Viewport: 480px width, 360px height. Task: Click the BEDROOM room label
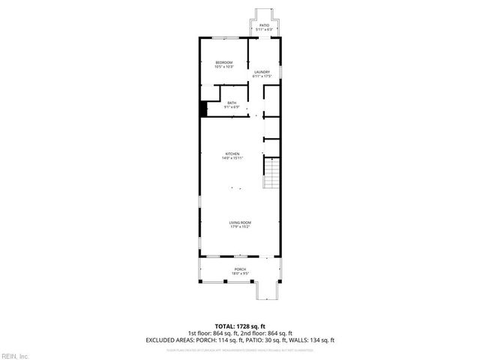(x=223, y=62)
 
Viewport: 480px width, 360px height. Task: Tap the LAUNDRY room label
(x=261, y=72)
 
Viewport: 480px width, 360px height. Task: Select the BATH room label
(x=232, y=103)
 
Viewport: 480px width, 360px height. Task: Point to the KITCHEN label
(x=232, y=154)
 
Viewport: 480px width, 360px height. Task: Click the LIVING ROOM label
(x=239, y=223)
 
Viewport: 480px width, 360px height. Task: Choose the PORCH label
(x=239, y=269)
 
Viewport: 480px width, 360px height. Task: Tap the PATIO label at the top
(x=264, y=25)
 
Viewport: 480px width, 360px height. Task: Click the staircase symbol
(x=271, y=174)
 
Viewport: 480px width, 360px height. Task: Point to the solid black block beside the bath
(x=202, y=109)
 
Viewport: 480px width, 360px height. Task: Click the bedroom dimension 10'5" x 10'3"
(x=223, y=67)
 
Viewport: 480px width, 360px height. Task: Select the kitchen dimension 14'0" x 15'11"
(x=232, y=158)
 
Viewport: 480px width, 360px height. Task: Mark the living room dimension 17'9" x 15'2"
(x=239, y=227)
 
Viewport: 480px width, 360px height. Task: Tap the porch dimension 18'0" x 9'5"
(x=239, y=274)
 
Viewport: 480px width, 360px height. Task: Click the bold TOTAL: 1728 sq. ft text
(x=239, y=326)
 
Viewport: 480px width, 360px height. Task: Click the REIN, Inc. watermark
(x=14, y=355)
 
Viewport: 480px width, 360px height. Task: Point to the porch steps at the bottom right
(x=267, y=289)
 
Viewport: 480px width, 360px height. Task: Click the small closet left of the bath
(x=208, y=94)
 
